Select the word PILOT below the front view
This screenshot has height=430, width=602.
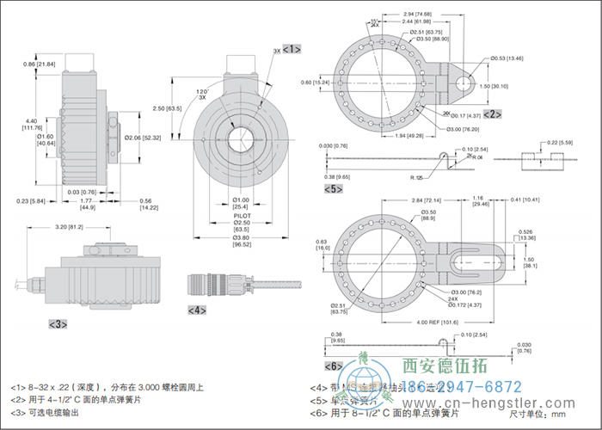click(242, 216)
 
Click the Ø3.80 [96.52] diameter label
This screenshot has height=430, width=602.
click(242, 243)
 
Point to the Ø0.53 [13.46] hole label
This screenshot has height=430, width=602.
click(508, 58)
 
